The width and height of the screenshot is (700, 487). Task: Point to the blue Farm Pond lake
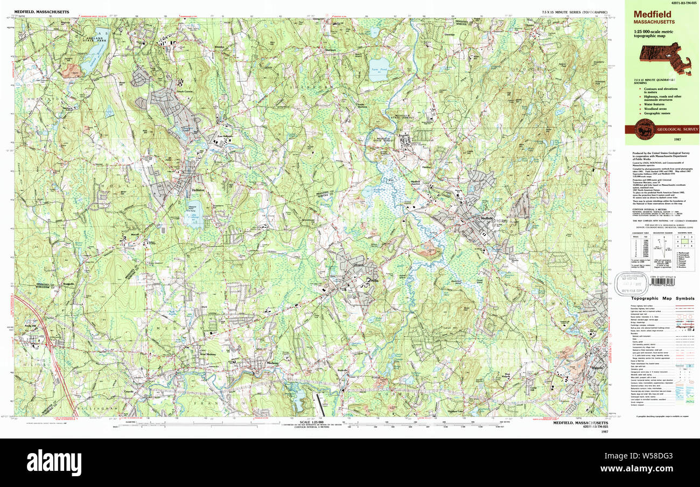379,70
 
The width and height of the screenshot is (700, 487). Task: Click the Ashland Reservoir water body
92,53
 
